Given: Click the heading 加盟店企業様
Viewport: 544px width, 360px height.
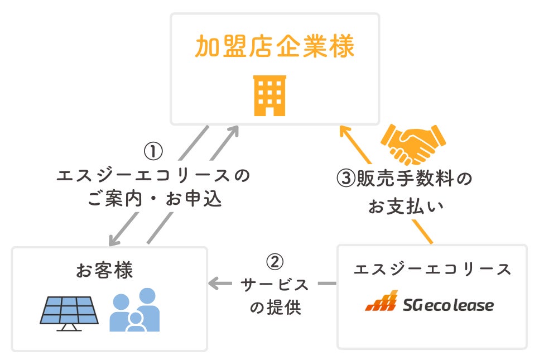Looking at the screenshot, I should [275, 47].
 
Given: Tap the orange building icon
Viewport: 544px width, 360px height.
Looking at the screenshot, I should [269, 95].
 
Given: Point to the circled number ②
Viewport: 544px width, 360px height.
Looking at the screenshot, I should [275, 262].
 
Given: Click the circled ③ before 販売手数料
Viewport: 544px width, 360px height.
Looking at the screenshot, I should [345, 180].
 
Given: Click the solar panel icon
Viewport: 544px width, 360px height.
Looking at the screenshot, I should [69, 312].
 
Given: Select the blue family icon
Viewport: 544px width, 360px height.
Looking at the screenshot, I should [134, 310].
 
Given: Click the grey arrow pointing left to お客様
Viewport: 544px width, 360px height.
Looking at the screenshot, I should [215, 284].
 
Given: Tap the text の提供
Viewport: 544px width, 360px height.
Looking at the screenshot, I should [275, 308].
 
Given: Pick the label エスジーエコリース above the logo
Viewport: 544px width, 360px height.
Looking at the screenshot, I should [432, 269].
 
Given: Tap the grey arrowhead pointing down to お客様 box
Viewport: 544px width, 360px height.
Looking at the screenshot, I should [114, 241].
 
